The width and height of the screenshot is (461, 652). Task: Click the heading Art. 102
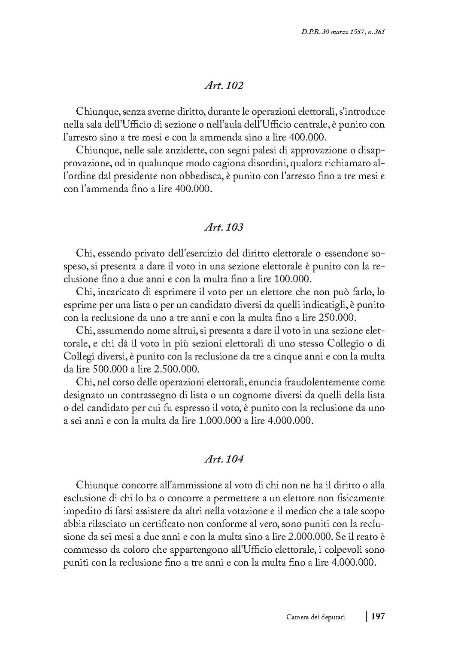pos(224,86)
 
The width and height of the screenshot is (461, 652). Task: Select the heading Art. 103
pos(224,227)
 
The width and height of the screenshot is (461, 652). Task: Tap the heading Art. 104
pos(224,459)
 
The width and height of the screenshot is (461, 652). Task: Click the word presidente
pos(136,176)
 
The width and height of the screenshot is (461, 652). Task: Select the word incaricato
pos(118,292)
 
